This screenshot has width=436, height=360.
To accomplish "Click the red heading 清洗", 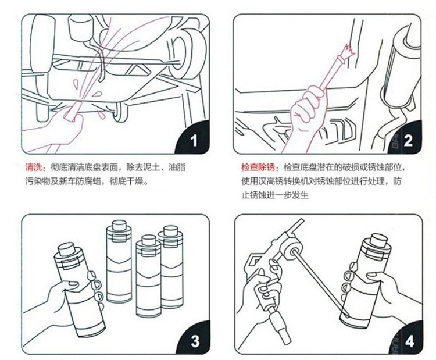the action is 34,167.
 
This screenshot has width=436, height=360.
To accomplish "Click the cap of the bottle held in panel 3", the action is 67,249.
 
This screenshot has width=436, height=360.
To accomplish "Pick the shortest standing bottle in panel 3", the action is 148,276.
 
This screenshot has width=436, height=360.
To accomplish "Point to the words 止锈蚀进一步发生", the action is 275,195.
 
